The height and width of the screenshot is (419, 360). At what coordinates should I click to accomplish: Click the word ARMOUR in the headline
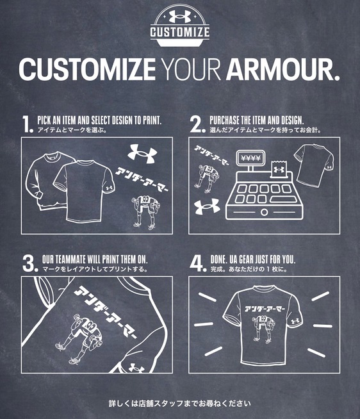pos(282,69)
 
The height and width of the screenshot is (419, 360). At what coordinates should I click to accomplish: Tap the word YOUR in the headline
pos(191,69)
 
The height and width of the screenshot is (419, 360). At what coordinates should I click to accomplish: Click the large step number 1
pos(28,124)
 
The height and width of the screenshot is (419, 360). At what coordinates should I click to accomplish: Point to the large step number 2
pos(197,124)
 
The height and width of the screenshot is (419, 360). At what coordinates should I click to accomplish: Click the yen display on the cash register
pos(250,158)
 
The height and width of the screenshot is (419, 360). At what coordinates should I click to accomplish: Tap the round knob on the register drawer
pos(264,212)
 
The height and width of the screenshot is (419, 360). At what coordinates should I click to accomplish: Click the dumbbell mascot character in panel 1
pos(145,213)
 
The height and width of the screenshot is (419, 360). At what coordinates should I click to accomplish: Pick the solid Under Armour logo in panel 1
pos(142,154)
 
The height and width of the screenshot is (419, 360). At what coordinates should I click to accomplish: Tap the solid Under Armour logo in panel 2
pos(207,206)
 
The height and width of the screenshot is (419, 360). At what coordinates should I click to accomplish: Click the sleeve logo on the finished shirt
pos(295,321)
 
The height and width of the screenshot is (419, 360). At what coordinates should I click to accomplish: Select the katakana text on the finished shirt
pos(265,309)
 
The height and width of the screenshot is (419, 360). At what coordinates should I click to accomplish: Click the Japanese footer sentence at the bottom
pos(179,403)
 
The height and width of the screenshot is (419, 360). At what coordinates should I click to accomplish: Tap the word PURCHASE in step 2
pos(224,120)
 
